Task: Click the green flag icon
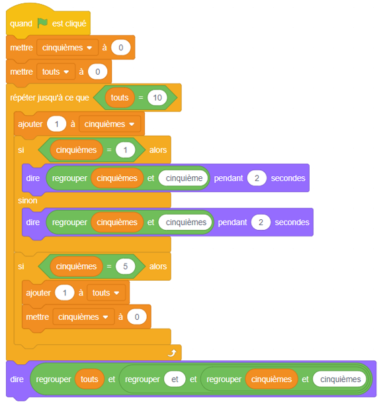(x=42, y=23)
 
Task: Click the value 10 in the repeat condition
(x=157, y=97)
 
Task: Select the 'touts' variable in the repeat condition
(x=120, y=97)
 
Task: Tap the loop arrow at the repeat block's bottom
(x=172, y=352)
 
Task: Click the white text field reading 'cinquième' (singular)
(x=184, y=178)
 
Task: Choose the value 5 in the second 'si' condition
(x=126, y=266)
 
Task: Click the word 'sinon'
(x=28, y=201)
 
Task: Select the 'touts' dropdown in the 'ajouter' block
(x=106, y=293)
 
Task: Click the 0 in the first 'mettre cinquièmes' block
(x=121, y=48)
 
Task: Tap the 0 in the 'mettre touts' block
(x=97, y=72)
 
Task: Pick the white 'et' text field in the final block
(x=175, y=380)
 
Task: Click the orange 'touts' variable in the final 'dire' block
(x=89, y=380)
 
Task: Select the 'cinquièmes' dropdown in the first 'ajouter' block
(x=110, y=125)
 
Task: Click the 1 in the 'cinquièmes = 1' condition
(x=126, y=150)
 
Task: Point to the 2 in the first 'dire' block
(x=257, y=178)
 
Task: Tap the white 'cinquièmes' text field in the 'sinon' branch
(x=186, y=222)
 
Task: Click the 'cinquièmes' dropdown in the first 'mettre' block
(x=67, y=48)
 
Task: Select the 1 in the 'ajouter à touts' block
(x=65, y=293)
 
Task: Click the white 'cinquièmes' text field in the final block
(x=340, y=380)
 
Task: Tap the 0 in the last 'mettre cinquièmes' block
(x=137, y=317)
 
